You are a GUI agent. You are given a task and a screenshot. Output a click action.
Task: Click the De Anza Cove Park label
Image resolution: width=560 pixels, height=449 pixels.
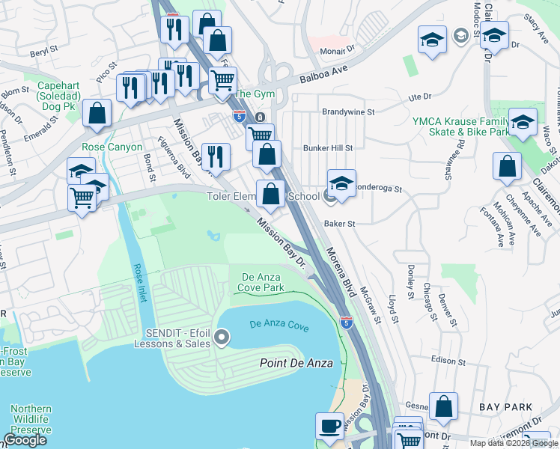click(x=262, y=281)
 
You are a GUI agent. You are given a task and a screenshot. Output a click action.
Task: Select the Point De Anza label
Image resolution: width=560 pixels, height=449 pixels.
click(x=294, y=363)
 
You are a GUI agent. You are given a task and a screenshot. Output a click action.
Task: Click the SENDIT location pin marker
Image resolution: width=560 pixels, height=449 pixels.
click(x=221, y=337)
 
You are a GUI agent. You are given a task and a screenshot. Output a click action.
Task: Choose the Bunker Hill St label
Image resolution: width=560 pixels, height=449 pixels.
click(x=327, y=148)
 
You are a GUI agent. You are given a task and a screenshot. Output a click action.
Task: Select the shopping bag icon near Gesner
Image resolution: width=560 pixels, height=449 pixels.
click(x=443, y=408)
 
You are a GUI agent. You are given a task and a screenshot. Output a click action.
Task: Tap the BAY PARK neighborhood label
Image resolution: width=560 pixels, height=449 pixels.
click(x=507, y=407)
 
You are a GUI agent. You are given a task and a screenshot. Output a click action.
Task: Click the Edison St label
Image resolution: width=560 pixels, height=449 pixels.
click(x=448, y=361)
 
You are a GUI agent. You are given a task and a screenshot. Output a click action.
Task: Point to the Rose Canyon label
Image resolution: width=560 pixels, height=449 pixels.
click(x=112, y=147)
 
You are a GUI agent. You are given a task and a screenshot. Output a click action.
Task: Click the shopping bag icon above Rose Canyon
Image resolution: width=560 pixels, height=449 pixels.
click(x=97, y=114)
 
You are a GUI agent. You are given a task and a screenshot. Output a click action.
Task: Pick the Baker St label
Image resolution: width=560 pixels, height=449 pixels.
click(x=339, y=223)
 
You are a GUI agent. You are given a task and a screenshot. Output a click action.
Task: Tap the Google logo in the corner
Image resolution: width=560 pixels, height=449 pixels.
click(x=25, y=440)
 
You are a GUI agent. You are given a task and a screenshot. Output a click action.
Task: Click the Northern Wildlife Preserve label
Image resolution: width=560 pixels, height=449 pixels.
click(x=31, y=421)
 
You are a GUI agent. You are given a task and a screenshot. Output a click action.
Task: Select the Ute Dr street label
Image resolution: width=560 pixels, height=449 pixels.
click(x=420, y=97)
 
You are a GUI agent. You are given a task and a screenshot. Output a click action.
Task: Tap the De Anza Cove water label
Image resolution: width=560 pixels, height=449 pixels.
click(x=279, y=324)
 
